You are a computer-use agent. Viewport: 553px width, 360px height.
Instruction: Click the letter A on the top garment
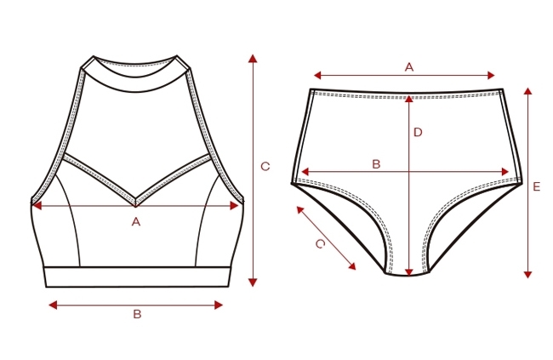[135, 222]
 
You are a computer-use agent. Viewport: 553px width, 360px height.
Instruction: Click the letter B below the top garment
[137, 314]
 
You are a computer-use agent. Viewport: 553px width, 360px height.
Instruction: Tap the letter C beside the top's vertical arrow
[265, 167]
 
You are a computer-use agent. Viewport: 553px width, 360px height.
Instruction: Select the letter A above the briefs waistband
[408, 66]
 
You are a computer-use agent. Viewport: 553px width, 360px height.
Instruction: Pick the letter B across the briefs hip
[377, 163]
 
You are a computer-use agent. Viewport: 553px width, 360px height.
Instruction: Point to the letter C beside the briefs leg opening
[320, 244]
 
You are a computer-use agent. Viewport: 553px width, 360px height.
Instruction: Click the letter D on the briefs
[418, 132]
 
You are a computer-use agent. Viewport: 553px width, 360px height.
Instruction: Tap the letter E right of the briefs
[536, 186]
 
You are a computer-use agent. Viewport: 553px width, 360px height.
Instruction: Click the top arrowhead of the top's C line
[253, 58]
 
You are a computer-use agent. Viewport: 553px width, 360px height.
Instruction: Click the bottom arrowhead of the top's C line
[253, 282]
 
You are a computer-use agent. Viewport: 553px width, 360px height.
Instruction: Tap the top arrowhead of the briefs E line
[527, 90]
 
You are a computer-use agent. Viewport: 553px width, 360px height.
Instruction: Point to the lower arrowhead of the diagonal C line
[353, 267]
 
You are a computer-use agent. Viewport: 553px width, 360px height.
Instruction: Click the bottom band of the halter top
[137, 277]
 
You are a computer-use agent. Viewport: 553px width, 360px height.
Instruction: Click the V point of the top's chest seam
[136, 205]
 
